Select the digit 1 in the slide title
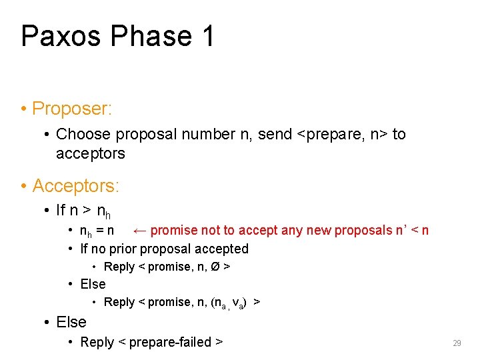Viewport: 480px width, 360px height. (207, 36)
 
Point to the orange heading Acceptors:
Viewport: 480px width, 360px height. (73, 185)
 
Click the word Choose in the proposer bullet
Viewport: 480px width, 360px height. (83, 134)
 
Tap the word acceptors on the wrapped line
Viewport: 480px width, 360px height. (90, 154)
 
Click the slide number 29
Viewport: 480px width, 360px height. (457, 343)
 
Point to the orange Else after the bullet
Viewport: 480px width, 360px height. (71, 322)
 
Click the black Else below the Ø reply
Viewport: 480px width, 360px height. (93, 284)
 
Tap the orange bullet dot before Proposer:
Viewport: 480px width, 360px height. (23, 109)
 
